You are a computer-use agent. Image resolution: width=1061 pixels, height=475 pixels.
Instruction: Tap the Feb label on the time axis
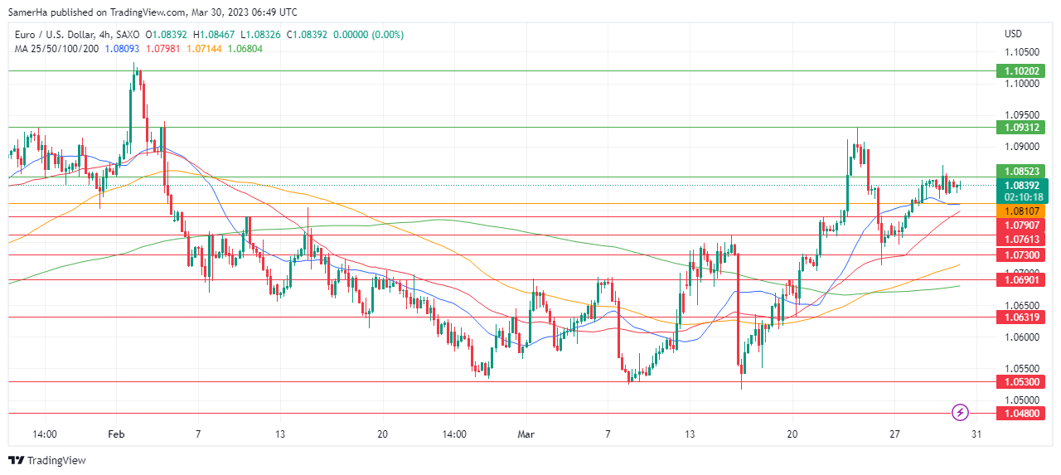pos(116,434)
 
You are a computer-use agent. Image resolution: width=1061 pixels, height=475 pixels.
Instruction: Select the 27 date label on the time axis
pos(894,434)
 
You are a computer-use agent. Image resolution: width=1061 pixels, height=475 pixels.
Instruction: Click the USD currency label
pos(1013,34)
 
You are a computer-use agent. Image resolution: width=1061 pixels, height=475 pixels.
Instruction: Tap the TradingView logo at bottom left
pos(47,460)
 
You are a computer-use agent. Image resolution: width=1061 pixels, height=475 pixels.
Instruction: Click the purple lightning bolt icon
pos(960,412)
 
